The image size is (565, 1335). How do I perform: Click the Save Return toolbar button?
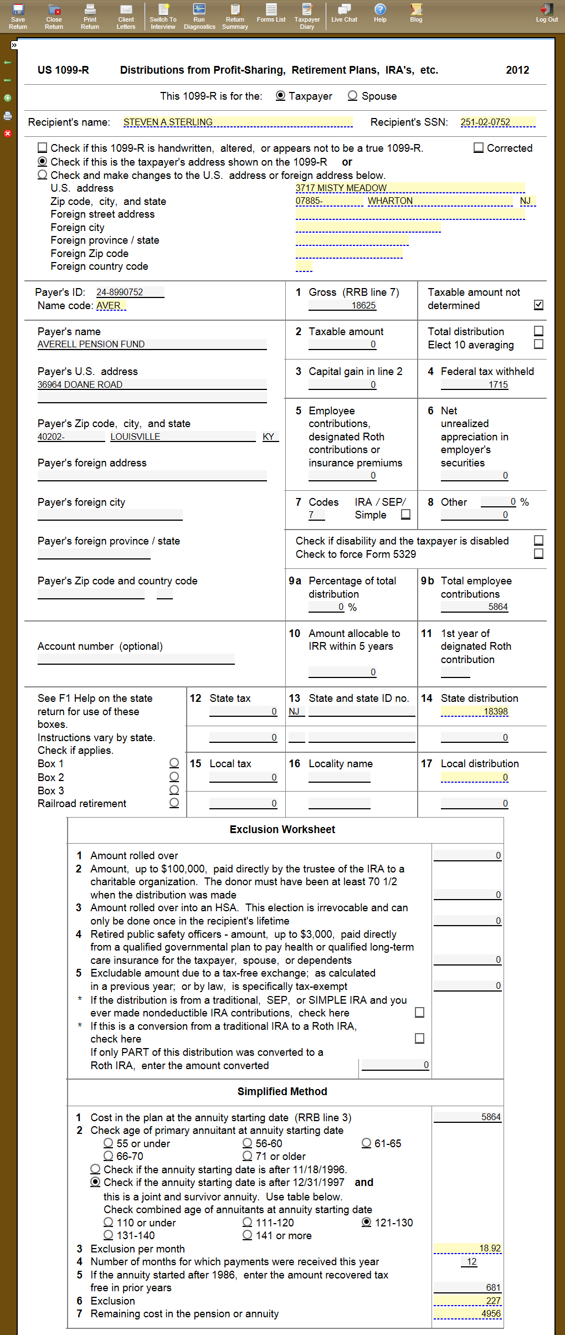18,16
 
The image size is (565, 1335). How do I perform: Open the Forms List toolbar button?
271,13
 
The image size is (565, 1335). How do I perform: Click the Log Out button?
546,13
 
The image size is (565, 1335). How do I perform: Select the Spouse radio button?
352,96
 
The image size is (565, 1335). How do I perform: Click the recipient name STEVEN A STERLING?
168,122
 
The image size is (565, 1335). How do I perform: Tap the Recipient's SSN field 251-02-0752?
485,122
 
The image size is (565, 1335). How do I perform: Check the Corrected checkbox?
479,148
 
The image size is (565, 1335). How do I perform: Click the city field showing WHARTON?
390,201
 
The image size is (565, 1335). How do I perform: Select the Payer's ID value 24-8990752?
120,292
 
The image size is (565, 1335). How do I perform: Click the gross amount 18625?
363,305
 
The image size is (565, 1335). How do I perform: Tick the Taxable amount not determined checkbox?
538,305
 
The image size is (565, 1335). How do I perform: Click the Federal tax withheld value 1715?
498,384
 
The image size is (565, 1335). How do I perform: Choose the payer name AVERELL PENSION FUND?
91,344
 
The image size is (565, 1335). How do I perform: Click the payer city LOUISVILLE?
136,437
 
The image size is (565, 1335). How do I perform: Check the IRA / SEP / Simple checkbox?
405,515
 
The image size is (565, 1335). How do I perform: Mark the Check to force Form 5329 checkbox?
538,554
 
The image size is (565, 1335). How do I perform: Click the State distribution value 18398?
495,711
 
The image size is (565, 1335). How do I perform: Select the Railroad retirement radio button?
174,803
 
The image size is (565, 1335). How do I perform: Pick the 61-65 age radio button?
366,1143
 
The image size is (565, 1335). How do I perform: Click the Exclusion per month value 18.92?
490,1248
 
